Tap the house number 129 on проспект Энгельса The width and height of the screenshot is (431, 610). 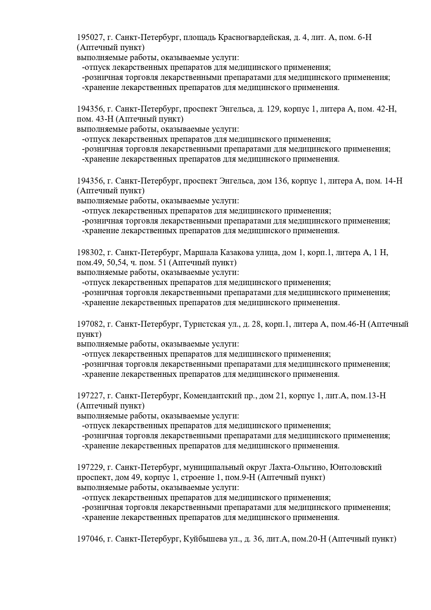(273, 109)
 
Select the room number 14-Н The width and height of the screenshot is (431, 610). (393, 181)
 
